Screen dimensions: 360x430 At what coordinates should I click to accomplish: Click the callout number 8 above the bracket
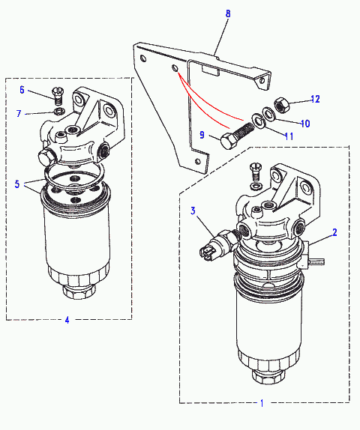click(228, 13)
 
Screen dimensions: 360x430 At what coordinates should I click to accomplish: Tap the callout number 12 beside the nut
click(315, 99)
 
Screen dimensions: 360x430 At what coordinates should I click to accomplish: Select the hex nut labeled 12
click(282, 105)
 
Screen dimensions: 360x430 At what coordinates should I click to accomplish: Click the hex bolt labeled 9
click(237, 136)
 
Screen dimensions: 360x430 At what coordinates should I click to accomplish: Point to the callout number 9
click(202, 135)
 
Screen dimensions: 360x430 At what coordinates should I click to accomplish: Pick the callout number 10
click(305, 124)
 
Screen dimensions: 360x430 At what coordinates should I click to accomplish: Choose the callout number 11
click(289, 136)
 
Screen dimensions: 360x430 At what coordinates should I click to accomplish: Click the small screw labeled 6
click(58, 95)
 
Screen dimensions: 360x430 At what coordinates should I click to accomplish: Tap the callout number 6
click(22, 90)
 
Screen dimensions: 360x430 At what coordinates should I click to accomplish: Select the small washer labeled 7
click(59, 112)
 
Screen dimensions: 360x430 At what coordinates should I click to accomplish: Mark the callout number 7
click(19, 113)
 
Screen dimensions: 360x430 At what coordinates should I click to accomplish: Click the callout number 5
click(17, 184)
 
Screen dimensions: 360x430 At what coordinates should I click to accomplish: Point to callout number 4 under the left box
click(67, 320)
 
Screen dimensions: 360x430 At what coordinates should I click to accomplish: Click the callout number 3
click(193, 211)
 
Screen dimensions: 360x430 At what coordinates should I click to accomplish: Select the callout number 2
click(334, 232)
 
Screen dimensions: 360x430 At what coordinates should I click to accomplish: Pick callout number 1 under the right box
click(262, 403)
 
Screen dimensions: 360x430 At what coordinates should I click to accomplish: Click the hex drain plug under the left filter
click(79, 292)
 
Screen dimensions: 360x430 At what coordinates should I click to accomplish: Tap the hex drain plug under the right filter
click(268, 377)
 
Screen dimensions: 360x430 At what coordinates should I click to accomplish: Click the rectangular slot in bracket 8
click(210, 70)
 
